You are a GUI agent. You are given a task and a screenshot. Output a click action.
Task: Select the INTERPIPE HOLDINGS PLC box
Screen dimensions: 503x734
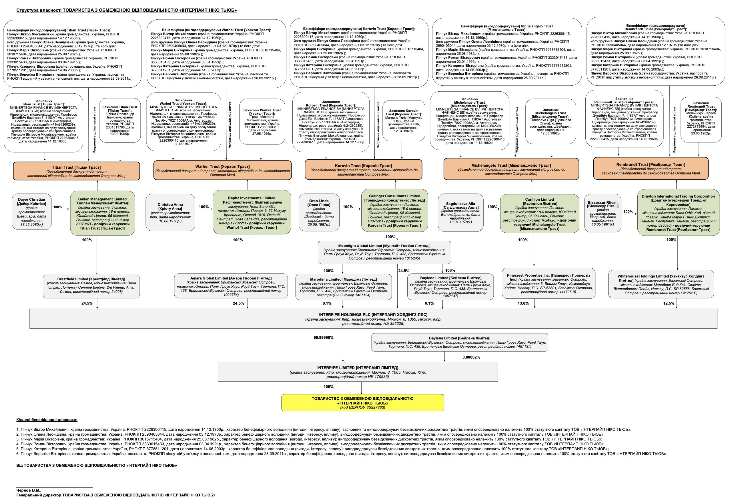[x=373, y=319]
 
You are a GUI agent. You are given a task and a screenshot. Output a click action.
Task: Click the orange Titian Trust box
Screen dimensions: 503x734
[x=76, y=171]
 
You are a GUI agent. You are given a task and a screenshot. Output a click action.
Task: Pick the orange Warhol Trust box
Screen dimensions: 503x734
[x=222, y=170]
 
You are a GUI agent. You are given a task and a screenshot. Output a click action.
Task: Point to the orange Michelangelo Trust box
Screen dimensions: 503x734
[x=511, y=169]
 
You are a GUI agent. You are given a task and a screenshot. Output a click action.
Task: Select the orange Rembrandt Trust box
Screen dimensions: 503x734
[x=650, y=168]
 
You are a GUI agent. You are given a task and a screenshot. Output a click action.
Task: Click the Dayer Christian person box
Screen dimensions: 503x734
[x=31, y=212]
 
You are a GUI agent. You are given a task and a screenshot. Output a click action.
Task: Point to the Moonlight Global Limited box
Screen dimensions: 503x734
[x=384, y=252]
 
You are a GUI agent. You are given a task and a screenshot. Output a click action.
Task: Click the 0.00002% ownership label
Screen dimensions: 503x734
[x=471, y=357]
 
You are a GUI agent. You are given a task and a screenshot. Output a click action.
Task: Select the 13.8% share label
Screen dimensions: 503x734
[x=523, y=303]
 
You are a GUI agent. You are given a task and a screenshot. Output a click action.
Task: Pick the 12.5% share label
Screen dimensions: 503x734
[x=668, y=303]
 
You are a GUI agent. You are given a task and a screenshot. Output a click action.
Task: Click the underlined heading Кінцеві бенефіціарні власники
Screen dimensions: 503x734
[x=47, y=420]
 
